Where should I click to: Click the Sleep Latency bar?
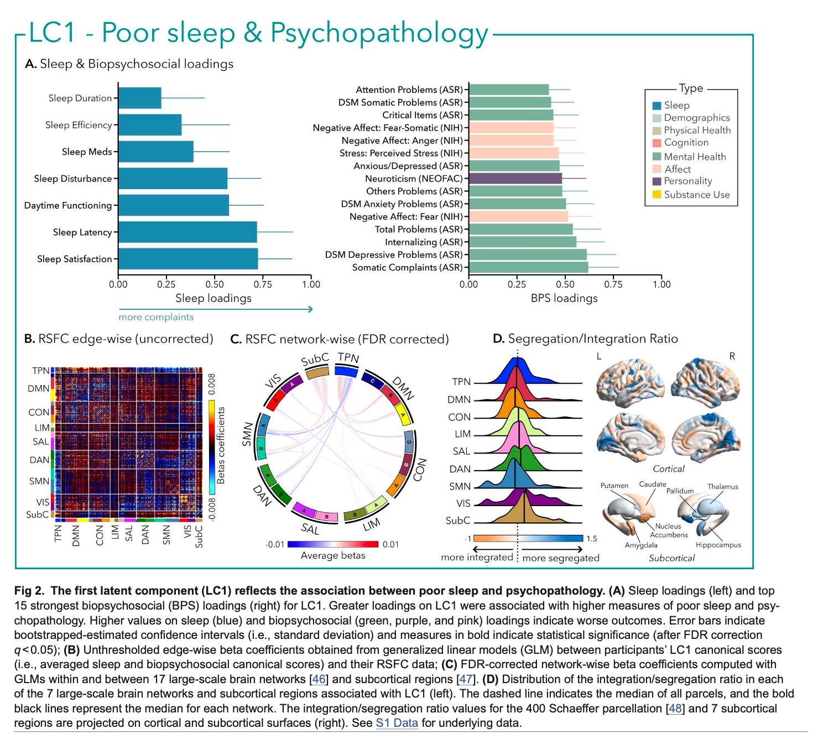[x=188, y=232]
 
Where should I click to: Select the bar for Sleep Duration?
[x=140, y=98]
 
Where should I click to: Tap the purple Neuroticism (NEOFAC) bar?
[x=515, y=179]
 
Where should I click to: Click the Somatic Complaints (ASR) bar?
[x=528, y=268]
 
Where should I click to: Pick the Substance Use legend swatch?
[x=657, y=194]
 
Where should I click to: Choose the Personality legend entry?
[x=687, y=181]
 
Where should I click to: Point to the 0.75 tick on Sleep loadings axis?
[x=263, y=284]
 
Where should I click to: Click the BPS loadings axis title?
[x=564, y=298]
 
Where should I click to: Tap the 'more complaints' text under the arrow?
[x=156, y=317]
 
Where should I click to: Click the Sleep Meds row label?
[x=87, y=152]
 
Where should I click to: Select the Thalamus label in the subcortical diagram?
[x=722, y=487]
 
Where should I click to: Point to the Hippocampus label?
[x=718, y=545]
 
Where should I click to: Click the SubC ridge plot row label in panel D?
[x=458, y=521]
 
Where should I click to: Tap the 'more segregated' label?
[x=561, y=558]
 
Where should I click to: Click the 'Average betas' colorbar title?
[x=333, y=555]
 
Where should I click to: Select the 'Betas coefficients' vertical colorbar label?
[x=221, y=445]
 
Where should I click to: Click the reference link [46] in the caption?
[x=319, y=679]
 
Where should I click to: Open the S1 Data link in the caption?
[x=397, y=723]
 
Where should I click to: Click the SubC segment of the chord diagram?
[x=317, y=373]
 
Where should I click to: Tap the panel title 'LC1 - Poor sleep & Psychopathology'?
[x=259, y=33]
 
